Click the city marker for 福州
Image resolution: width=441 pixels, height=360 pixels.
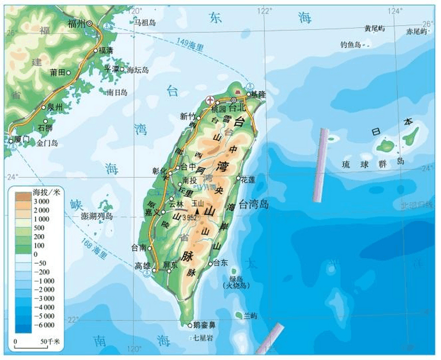[89, 24]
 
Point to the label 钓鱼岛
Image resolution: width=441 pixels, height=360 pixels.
[350, 44]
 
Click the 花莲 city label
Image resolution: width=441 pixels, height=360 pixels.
[248, 180]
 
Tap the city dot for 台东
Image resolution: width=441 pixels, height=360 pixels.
[210, 264]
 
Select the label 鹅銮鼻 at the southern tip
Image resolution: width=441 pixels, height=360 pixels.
[204, 325]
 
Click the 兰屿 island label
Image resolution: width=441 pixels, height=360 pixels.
[250, 316]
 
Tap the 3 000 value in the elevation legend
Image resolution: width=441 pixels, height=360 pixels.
[41, 201]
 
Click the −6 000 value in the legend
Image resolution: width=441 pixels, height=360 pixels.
[44, 325]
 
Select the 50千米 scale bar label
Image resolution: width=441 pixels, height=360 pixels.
[50, 341]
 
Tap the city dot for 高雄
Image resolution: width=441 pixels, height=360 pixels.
[154, 270]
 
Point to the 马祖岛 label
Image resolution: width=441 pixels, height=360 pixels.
[145, 22]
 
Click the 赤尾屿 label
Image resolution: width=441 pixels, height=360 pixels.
[416, 31]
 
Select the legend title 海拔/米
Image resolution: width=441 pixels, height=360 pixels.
[46, 192]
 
